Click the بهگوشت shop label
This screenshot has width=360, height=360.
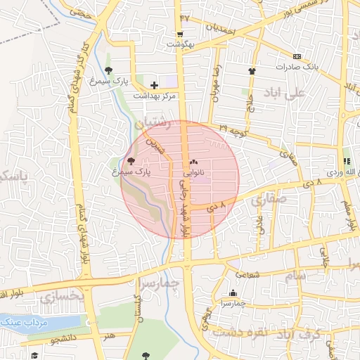pyautogui.click(x=180, y=44)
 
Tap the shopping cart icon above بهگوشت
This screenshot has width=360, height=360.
pyautogui.click(x=181, y=34)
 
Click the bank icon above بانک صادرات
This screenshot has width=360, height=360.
pyautogui.click(x=297, y=56)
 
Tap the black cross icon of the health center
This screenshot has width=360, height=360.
pyautogui.click(x=154, y=85)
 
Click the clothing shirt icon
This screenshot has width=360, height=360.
pyautogui.click(x=252, y=70)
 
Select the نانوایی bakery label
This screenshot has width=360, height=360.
pyautogui.click(x=193, y=171)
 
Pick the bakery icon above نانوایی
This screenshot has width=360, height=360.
pyautogui.click(x=193, y=162)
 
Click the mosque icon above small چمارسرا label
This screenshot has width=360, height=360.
pyautogui.click(x=233, y=293)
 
